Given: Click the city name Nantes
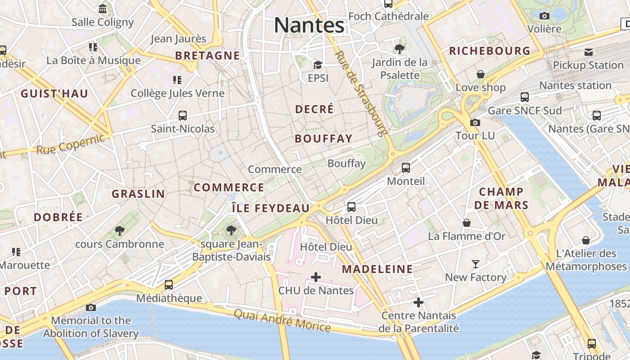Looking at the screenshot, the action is (x=309, y=25).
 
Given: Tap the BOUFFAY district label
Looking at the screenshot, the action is (x=324, y=139).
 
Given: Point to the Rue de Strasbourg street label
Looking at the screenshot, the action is (x=361, y=93).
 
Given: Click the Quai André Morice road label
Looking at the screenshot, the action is (x=282, y=320).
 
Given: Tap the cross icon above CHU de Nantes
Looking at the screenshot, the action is (x=316, y=277).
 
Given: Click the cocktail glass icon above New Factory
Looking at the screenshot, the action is (x=476, y=264).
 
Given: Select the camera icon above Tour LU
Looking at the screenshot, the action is (x=475, y=122).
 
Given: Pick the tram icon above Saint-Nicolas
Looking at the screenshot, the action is (x=183, y=116).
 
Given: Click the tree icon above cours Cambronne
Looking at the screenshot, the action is (x=120, y=231).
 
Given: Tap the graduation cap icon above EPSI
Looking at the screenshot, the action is (x=318, y=65).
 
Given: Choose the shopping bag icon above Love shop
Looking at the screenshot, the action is (x=481, y=74).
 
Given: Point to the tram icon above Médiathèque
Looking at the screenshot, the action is (x=169, y=284).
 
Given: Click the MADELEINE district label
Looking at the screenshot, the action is (x=377, y=269).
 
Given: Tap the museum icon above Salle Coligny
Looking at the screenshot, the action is (x=103, y=9).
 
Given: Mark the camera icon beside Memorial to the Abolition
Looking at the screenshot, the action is (x=91, y=307).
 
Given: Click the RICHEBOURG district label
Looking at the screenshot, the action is (x=490, y=51).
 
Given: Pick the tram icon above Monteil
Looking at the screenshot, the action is (x=406, y=168).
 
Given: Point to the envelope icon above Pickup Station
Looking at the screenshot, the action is (x=588, y=52).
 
